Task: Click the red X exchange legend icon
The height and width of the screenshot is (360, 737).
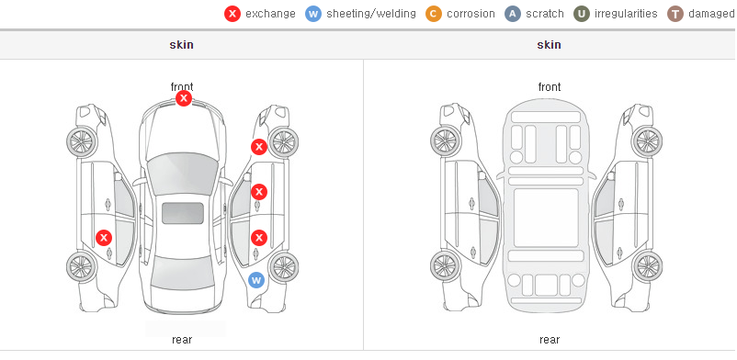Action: pos(232,14)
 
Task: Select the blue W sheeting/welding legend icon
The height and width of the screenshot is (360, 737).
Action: pos(313,14)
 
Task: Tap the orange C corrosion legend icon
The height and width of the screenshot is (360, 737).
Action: pos(434,14)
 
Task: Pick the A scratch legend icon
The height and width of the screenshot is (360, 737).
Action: pos(513,14)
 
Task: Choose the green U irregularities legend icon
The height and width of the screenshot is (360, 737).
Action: pos(582,14)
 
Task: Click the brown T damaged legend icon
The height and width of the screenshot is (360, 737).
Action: pos(675,14)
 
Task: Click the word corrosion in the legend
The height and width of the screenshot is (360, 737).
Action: pos(471,14)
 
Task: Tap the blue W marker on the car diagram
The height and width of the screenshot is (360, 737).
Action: pos(256,281)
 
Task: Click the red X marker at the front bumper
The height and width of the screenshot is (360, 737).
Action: pos(184,98)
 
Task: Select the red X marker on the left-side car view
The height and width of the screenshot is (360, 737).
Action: pos(104,238)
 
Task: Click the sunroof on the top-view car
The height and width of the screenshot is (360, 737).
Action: pos(183,213)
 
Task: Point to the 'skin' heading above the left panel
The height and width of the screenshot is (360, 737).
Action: pos(181,45)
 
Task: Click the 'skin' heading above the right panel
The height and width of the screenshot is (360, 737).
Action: pos(549,45)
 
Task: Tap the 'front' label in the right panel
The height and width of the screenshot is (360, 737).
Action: pos(550,87)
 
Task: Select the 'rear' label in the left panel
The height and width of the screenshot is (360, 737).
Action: pos(182,340)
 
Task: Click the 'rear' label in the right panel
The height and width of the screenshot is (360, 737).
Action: pos(550,340)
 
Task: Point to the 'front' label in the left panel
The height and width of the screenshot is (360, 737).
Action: pos(182,87)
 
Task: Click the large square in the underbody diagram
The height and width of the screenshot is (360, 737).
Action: pos(546,218)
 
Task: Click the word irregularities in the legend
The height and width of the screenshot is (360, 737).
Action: pos(626,14)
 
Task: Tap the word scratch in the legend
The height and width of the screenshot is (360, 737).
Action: pos(545,14)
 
